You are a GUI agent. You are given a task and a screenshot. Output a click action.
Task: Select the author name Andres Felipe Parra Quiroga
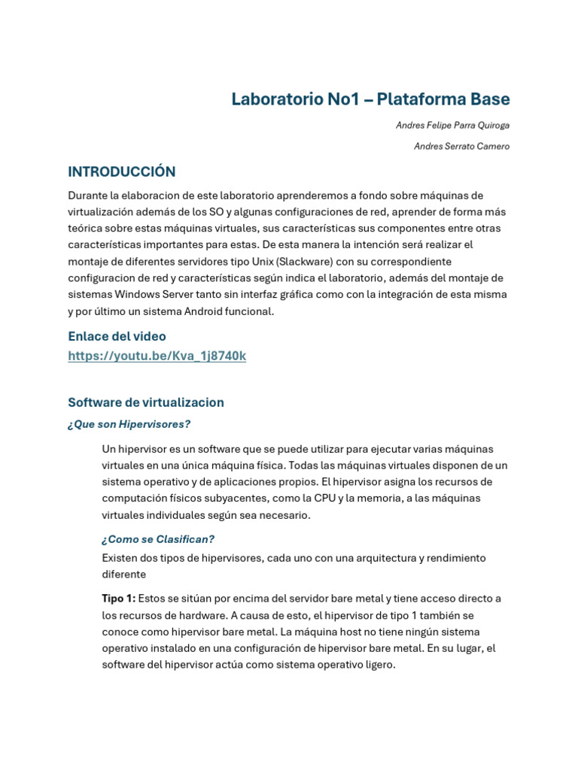click(452, 126)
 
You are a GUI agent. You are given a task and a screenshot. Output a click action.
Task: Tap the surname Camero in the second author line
click(491, 147)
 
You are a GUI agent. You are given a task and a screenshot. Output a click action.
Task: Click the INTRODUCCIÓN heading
click(122, 172)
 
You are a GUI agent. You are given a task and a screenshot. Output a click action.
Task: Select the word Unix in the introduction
click(287, 262)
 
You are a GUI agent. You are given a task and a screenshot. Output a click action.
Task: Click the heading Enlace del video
click(117, 336)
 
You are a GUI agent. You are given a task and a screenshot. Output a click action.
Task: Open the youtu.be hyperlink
click(157, 356)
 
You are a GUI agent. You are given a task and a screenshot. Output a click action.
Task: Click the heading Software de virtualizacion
click(146, 402)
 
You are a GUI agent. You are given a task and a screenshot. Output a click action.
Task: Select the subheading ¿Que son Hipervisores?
click(129, 424)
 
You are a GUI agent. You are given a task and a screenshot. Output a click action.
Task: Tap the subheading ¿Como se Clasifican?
click(158, 539)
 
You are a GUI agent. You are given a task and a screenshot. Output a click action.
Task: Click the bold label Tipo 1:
click(119, 599)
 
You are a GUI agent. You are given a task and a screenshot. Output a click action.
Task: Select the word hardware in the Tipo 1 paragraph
click(185, 615)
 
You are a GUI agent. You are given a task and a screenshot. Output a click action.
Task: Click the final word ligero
click(378, 665)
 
